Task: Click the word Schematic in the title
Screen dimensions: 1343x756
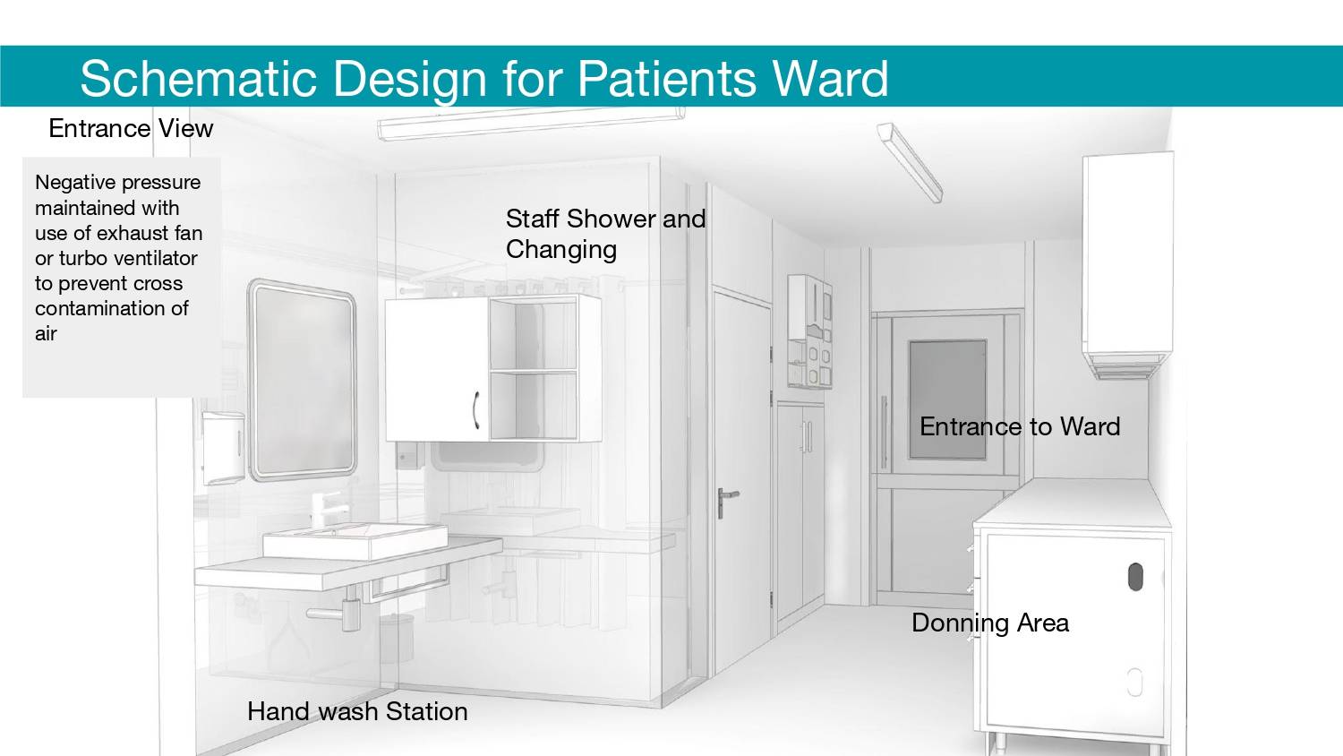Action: pyautogui.click(x=198, y=78)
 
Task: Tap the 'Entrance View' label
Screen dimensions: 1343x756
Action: pyautogui.click(x=131, y=128)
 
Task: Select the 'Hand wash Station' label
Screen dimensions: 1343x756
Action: pyautogui.click(x=357, y=711)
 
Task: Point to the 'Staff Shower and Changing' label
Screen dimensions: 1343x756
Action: pyautogui.click(x=605, y=234)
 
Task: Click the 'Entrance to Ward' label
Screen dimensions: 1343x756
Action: pyautogui.click(x=1020, y=426)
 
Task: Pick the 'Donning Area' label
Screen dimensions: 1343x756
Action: pyautogui.click(x=990, y=623)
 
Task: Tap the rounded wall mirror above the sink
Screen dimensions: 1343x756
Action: pyautogui.click(x=303, y=379)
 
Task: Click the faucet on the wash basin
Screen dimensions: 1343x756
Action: pyautogui.click(x=327, y=510)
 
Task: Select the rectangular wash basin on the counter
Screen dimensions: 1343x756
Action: pyautogui.click(x=355, y=541)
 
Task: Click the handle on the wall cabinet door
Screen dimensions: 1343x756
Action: pyautogui.click(x=476, y=410)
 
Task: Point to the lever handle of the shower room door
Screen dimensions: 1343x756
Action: pyautogui.click(x=727, y=501)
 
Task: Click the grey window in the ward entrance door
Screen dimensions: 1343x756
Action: pyautogui.click(x=947, y=399)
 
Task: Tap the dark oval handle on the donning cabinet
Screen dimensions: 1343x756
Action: pyautogui.click(x=1135, y=577)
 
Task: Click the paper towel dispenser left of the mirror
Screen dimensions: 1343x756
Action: pyautogui.click(x=223, y=448)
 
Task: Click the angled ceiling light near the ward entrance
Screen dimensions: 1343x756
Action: pyautogui.click(x=910, y=162)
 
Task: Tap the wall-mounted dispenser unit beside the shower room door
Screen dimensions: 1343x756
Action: pyautogui.click(x=809, y=331)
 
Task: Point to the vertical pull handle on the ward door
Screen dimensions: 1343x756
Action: pyautogui.click(x=884, y=432)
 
